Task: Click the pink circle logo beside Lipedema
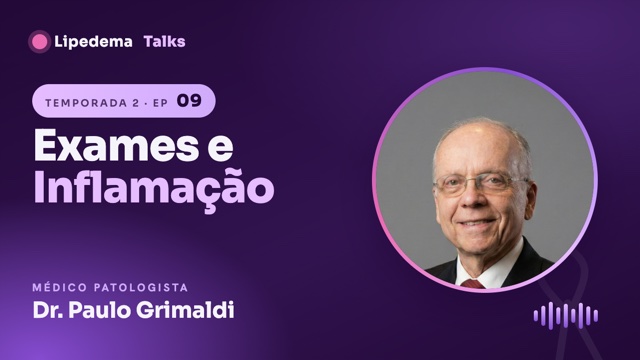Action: [x=39, y=42]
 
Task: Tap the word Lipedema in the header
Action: [x=93, y=42]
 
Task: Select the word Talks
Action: [x=164, y=41]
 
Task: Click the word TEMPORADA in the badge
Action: [x=87, y=103]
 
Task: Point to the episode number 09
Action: [x=189, y=101]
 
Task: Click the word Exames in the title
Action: [x=116, y=146]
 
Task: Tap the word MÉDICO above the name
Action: [x=60, y=287]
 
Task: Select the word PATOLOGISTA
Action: [x=141, y=287]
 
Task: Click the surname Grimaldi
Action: [x=185, y=310]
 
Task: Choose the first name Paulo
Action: [x=100, y=310]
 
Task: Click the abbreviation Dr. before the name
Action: [x=48, y=310]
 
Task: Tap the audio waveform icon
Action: [x=566, y=316]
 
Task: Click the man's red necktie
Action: [x=473, y=284]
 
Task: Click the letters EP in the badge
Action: [x=160, y=103]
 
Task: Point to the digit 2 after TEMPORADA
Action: [x=136, y=103]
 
